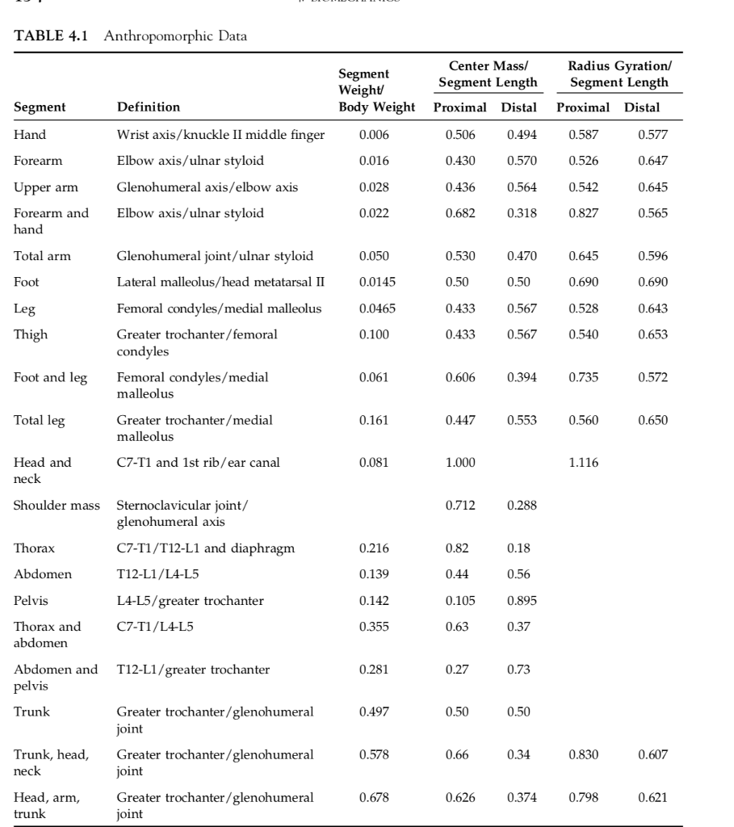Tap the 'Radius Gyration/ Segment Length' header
pos(619,74)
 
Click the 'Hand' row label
pos(30,135)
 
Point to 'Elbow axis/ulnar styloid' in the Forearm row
pos(191,161)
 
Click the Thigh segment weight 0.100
pos(375,334)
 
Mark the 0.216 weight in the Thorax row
pos(375,548)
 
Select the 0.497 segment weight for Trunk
pos(375,712)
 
